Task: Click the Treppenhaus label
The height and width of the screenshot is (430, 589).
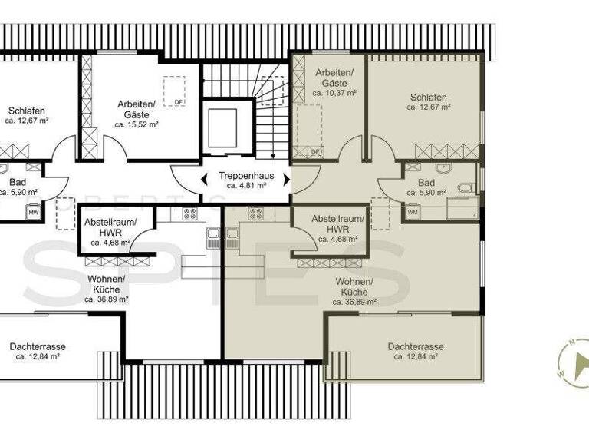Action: (246, 175)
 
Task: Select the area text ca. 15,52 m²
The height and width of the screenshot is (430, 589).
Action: (137, 124)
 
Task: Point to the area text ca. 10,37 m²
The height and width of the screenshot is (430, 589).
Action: (334, 92)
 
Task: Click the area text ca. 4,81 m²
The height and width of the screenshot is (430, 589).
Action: (246, 186)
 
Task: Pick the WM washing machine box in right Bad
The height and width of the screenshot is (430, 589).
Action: (413, 212)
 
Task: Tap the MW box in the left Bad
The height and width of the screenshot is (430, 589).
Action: (34, 212)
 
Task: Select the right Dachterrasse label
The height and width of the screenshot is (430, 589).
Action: (415, 347)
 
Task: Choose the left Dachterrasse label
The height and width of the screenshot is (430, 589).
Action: (38, 347)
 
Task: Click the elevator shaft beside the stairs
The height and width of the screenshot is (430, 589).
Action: (222, 125)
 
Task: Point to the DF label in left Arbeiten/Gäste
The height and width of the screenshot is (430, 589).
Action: (178, 102)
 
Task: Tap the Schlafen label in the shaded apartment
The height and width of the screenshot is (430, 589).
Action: (428, 98)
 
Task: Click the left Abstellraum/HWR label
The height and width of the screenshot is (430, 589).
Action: (110, 227)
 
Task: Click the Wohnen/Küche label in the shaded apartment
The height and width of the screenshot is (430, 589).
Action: (354, 287)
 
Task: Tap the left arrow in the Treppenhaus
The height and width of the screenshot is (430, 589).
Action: (206, 180)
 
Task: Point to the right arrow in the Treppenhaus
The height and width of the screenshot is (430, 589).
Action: (287, 180)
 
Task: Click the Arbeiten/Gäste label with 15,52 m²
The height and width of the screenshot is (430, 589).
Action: (137, 108)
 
